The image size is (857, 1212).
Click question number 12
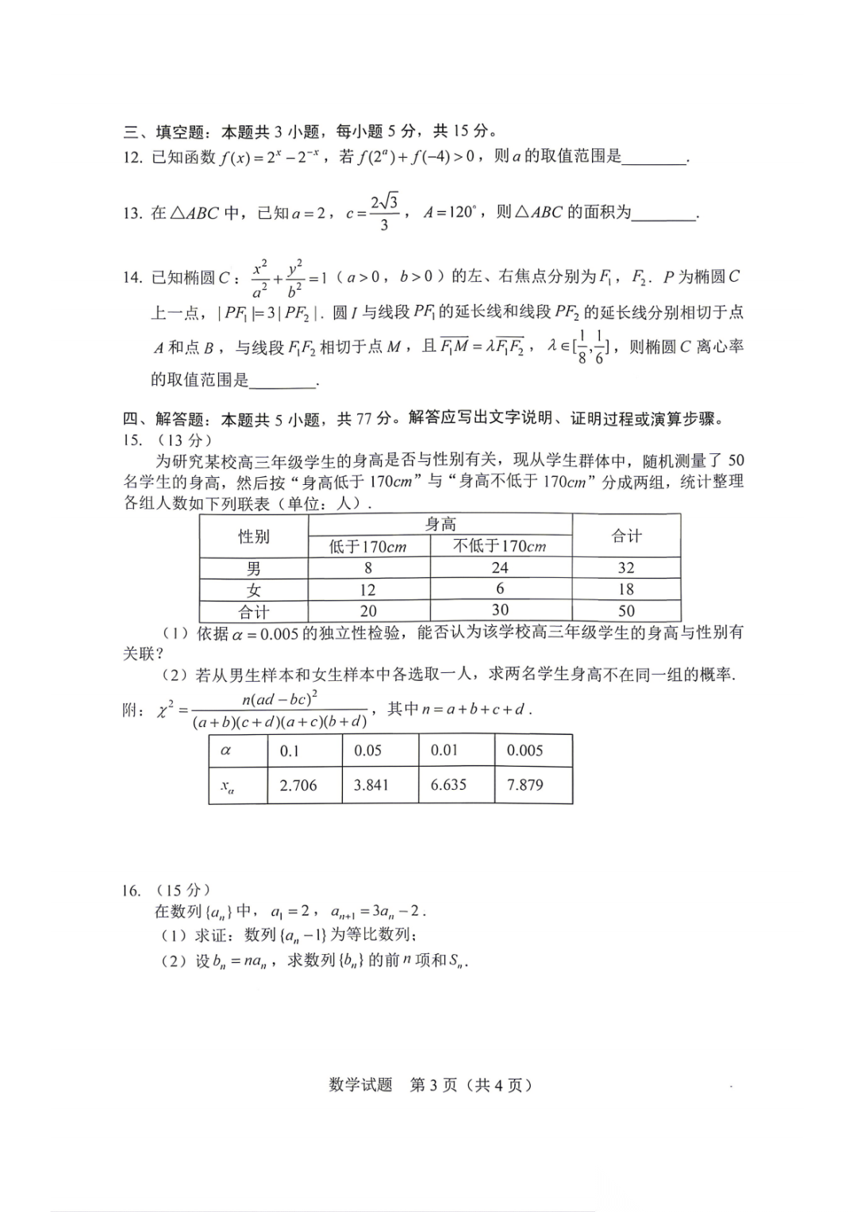click(x=132, y=157)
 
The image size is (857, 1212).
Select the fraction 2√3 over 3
click(x=384, y=212)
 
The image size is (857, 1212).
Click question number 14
click(x=132, y=277)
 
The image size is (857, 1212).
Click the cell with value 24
click(x=500, y=568)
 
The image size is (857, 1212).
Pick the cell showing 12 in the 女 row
click(x=368, y=590)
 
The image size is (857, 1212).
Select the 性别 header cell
click(x=254, y=537)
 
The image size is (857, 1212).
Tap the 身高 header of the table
click(x=440, y=524)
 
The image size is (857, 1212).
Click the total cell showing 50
click(x=626, y=610)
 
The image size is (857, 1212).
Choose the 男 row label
click(x=254, y=568)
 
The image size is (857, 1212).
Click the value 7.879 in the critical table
click(x=525, y=785)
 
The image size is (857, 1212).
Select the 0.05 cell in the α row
click(x=368, y=750)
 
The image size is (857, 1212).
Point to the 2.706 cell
click(x=298, y=785)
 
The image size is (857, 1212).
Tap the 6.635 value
click(x=448, y=785)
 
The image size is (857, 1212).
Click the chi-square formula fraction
click(x=279, y=710)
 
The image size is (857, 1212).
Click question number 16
click(x=131, y=891)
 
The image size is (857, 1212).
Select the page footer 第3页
click(x=433, y=1085)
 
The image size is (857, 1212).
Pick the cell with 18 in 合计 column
click(x=626, y=589)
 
